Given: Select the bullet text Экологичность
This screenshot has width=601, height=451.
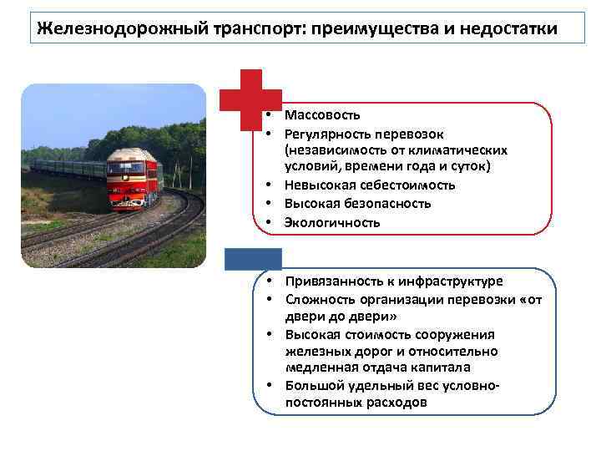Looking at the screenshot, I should pos(331,222).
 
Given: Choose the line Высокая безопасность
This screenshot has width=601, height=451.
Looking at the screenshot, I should pos(357,203).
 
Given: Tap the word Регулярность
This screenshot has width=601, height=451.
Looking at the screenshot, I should pos(327,134).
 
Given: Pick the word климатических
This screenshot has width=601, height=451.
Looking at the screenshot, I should pos(462,149).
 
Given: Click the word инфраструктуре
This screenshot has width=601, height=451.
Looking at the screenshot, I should pos(455,281).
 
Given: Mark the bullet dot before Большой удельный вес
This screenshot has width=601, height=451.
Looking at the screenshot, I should pos(272,385).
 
